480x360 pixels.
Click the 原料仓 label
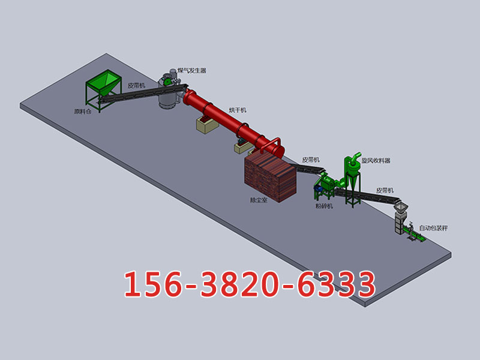point(83,112)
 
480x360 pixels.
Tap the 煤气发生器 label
point(192,71)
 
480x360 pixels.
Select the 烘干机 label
point(238,110)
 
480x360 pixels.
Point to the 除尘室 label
point(259,200)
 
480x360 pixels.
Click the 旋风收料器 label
point(376,160)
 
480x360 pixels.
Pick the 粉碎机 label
point(324,206)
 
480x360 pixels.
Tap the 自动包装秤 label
point(433,228)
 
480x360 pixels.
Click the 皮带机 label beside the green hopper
point(137,85)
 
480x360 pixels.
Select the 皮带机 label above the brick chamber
point(311,160)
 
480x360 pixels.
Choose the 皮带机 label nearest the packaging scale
point(385,190)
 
